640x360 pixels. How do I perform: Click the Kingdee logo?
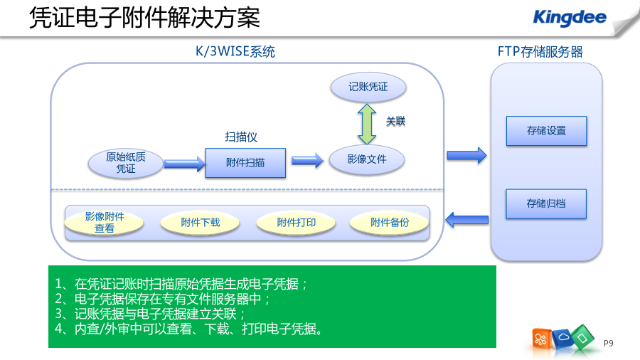(570, 18)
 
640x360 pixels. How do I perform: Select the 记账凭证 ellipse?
(368, 87)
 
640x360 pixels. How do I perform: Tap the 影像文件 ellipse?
(367, 159)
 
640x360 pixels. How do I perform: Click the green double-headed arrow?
(367, 124)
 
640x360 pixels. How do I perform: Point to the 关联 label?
(395, 121)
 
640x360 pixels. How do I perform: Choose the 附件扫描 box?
(245, 163)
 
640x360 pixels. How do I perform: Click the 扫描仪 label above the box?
(241, 137)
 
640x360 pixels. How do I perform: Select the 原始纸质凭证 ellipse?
(126, 163)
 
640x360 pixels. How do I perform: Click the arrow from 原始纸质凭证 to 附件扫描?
(184, 164)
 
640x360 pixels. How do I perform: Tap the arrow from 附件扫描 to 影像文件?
(307, 160)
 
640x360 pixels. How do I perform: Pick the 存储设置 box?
(547, 131)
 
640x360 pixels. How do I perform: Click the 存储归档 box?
(546, 203)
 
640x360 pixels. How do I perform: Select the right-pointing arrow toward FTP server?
(467, 156)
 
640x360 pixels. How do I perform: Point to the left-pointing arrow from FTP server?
(467, 220)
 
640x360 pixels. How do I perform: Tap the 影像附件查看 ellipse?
(104, 223)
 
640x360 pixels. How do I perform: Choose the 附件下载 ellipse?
(200, 223)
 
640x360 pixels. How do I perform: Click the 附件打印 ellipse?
(297, 223)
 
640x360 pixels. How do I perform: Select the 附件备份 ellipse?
(390, 223)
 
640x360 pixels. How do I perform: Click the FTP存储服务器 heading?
(540, 52)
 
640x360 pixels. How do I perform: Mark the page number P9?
(608, 343)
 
